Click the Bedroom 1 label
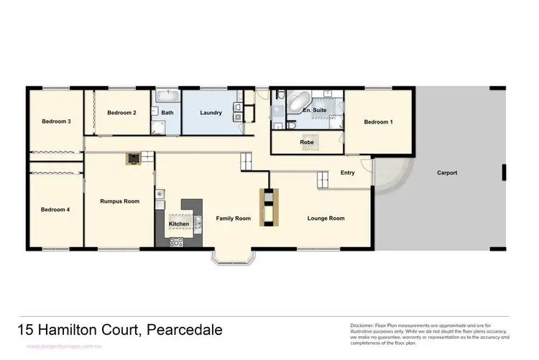pyautogui.click(x=378, y=121)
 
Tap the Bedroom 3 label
pyautogui.click(x=55, y=121)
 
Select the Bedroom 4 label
pyautogui.click(x=55, y=210)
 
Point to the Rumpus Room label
pyautogui.click(x=119, y=201)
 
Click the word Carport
pyautogui.click(x=447, y=173)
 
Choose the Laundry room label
pyautogui.click(x=211, y=113)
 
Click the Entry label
pyautogui.click(x=347, y=172)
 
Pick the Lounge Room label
pyautogui.click(x=326, y=218)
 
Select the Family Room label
pyautogui.click(x=234, y=218)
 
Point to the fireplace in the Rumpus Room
pyautogui.click(x=133, y=158)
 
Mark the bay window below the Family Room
pyautogui.click(x=229, y=257)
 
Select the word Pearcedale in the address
pyautogui.click(x=185, y=331)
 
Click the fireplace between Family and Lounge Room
pyautogui.click(x=267, y=206)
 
